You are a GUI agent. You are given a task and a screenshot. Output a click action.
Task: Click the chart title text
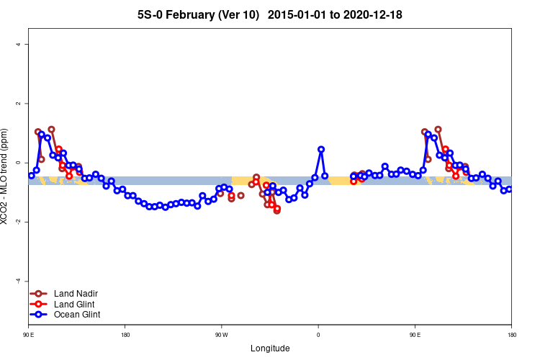(270, 14)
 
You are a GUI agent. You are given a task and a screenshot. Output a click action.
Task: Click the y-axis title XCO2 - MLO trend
(6, 176)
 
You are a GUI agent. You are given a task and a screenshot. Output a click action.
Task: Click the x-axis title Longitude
(270, 348)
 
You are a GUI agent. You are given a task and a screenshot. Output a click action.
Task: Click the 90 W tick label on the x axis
(221, 335)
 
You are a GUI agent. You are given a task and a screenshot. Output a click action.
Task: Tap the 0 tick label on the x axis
(318, 335)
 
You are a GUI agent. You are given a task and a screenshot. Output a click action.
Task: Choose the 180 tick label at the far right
(511, 335)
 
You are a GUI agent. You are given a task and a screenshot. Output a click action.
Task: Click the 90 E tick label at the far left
(29, 335)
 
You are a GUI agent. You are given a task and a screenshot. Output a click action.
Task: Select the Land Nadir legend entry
(76, 294)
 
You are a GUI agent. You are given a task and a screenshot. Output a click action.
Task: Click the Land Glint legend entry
(75, 304)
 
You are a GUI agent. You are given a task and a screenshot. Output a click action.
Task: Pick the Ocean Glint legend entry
(77, 315)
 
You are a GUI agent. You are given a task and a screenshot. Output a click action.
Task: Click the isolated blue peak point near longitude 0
(321, 149)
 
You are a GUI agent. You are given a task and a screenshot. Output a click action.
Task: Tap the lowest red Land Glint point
(276, 209)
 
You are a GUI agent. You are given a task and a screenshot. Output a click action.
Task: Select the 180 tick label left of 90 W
(125, 335)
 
